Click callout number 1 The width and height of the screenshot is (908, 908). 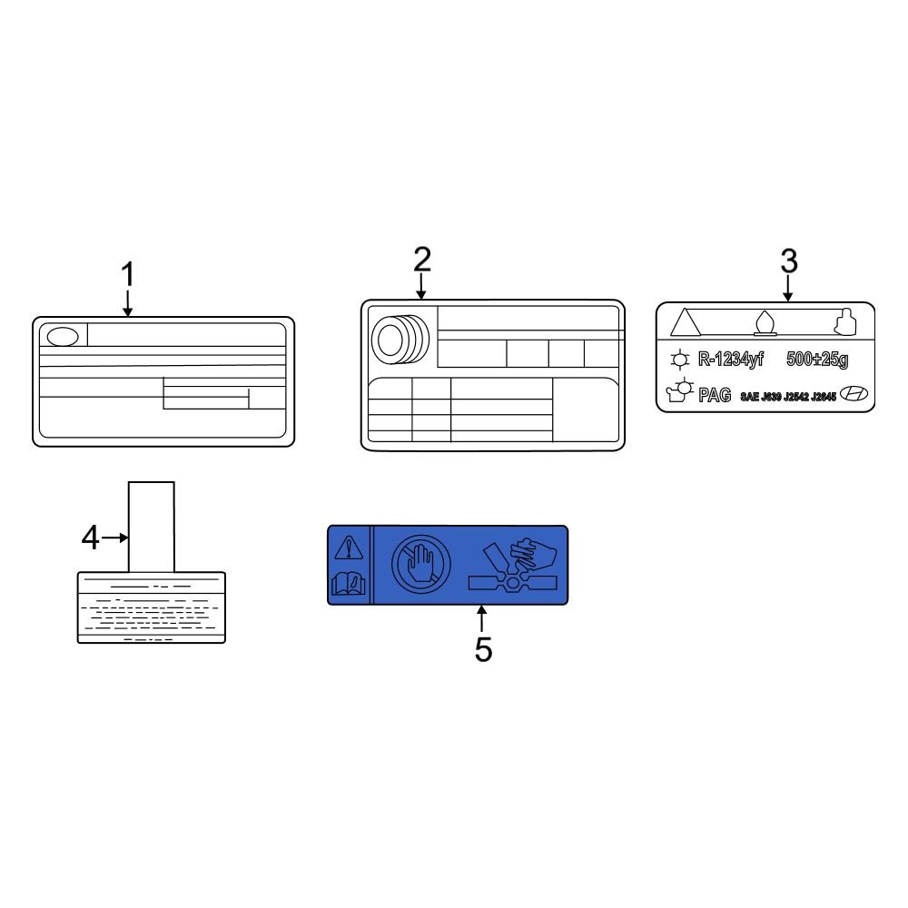pyautogui.click(x=127, y=274)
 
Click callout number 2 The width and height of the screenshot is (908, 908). pyautogui.click(x=422, y=260)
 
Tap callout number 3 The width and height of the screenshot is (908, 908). pyautogui.click(x=789, y=262)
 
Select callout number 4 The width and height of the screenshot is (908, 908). pyautogui.click(x=90, y=538)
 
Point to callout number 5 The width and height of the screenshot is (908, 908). pyautogui.click(x=484, y=649)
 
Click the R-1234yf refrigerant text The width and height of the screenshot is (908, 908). pyautogui.click(x=731, y=360)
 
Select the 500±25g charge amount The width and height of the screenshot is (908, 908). pyautogui.click(x=817, y=360)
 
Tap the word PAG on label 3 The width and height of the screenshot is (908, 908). pyautogui.click(x=715, y=395)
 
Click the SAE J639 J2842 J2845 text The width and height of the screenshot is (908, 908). pyautogui.click(x=788, y=397)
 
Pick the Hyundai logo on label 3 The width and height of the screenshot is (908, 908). pyautogui.click(x=854, y=394)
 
